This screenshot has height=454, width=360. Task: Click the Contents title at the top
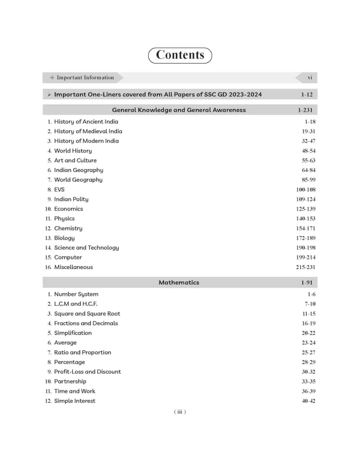coord(179,55)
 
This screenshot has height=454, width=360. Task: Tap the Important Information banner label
coord(85,78)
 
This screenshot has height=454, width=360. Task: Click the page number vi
coord(309,78)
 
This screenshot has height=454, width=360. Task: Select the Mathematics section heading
coord(179,282)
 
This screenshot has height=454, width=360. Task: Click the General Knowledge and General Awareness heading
coord(179,110)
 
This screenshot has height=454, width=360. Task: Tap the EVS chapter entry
coord(60,190)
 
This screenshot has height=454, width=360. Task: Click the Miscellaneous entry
coord(73,267)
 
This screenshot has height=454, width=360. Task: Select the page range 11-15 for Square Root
coord(308,314)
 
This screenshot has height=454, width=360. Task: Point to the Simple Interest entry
coord(74,401)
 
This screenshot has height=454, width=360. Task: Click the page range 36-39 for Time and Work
coord(308,392)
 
